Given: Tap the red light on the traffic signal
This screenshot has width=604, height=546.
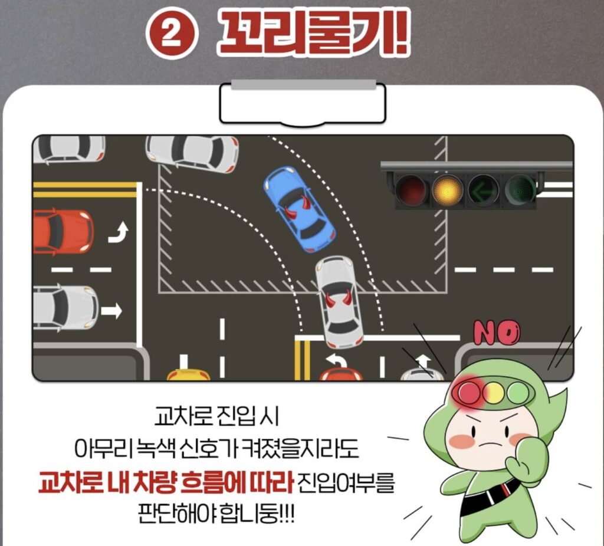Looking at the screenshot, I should pos(411,190).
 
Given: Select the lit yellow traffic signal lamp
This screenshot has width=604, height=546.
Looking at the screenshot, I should pos(447,190).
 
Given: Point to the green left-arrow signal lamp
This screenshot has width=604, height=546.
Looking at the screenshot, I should pos(483,190).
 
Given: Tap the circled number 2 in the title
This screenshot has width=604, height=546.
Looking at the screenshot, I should pos(172,34).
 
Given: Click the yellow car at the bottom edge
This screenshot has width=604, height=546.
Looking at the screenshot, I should pos(188,374).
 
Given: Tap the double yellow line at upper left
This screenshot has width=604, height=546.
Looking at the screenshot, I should pos(85,189).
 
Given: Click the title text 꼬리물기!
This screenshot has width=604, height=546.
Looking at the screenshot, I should pos(313,34).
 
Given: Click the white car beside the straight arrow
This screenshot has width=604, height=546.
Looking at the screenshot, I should pos(65,308).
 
